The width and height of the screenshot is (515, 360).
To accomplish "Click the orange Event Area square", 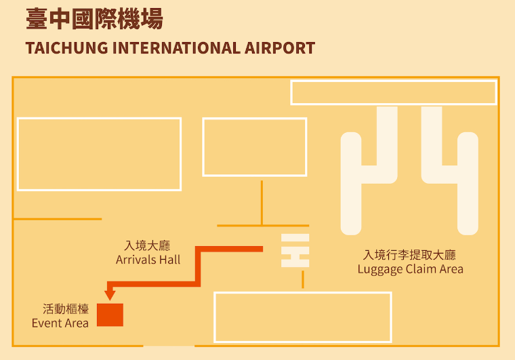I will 110,315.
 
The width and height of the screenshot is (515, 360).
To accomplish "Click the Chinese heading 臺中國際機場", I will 94,19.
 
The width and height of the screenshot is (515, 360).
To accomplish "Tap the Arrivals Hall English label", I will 148,260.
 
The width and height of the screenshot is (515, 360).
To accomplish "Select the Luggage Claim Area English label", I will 410,269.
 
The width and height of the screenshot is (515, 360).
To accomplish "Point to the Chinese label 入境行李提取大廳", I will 409,255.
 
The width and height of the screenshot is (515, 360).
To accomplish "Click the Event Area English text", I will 60,323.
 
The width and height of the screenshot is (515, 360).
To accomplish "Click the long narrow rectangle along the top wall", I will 394,92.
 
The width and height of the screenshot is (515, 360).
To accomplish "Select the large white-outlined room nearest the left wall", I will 99,154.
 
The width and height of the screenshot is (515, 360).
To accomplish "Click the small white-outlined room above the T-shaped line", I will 254,147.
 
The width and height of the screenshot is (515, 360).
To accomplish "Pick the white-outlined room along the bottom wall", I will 303,317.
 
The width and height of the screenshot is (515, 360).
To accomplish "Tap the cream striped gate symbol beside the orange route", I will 295,250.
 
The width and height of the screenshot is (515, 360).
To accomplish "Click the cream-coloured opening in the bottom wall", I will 168,346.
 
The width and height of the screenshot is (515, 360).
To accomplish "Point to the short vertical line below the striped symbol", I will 303,279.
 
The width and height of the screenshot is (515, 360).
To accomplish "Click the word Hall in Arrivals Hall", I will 169,260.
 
